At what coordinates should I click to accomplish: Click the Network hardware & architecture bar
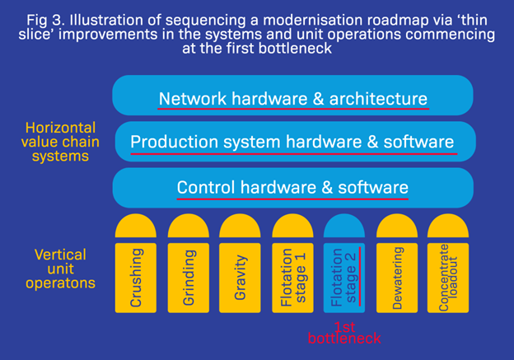[x=292, y=97]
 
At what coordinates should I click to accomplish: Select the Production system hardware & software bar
[x=292, y=142]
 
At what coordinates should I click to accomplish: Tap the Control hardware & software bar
[x=292, y=187]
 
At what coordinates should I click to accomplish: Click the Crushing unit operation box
[x=136, y=276]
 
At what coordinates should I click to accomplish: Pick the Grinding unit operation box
[x=189, y=276]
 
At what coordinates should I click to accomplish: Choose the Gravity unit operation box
[x=241, y=276]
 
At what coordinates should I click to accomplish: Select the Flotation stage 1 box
[x=292, y=276]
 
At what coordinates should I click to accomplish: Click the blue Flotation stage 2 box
[x=344, y=276]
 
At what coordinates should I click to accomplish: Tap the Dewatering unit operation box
[x=397, y=276]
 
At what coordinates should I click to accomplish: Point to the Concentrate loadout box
[x=449, y=276]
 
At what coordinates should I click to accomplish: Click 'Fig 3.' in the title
[x=44, y=17]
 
